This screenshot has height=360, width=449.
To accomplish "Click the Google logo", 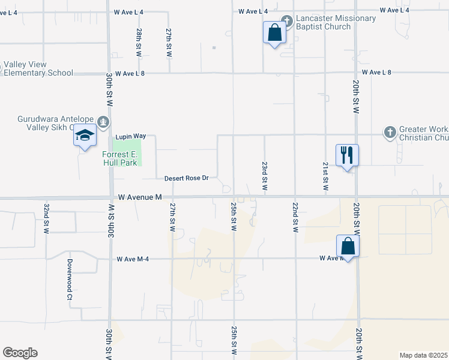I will (x=20, y=353).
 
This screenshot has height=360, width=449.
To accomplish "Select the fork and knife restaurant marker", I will (x=347, y=156).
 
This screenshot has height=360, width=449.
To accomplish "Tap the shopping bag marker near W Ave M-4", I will (x=348, y=245).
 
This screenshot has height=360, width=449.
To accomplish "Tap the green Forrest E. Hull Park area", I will (x=133, y=147).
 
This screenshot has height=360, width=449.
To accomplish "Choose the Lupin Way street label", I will (x=131, y=137).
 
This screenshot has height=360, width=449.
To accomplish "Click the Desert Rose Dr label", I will (x=186, y=178).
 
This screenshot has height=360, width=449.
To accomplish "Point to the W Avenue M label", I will (x=140, y=197).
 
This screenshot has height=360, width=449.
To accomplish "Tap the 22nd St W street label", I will (x=295, y=217).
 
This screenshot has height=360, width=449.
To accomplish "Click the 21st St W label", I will (x=325, y=176).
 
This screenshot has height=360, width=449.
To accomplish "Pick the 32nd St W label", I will (x=46, y=217).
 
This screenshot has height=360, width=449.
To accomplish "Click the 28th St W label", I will (x=139, y=43).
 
